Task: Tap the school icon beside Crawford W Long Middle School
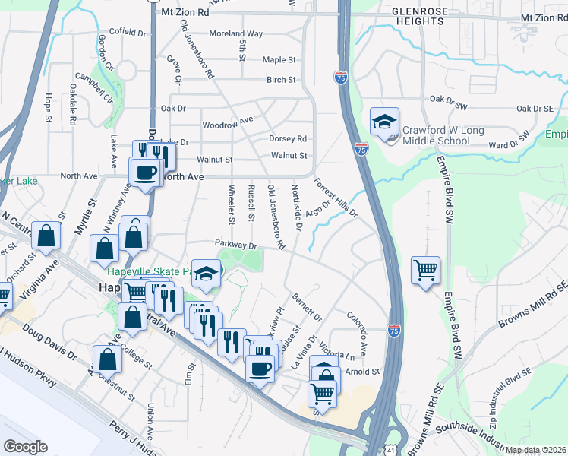pyautogui.click(x=384, y=122)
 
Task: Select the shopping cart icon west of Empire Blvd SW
pyautogui.click(x=425, y=270)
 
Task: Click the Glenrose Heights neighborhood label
pyautogui.click(x=418, y=17)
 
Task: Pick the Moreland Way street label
pyautogui.click(x=235, y=34)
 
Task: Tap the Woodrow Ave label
pyautogui.click(x=227, y=123)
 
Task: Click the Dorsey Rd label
pyautogui.click(x=288, y=139)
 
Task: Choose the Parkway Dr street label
pyautogui.click(x=237, y=245)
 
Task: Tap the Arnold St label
pyautogui.click(x=362, y=372)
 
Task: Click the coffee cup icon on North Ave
pyautogui.click(x=145, y=172)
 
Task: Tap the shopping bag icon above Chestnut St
pyautogui.click(x=107, y=359)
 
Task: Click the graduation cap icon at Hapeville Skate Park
pyautogui.click(x=205, y=274)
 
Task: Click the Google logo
pyautogui.click(x=25, y=447)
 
